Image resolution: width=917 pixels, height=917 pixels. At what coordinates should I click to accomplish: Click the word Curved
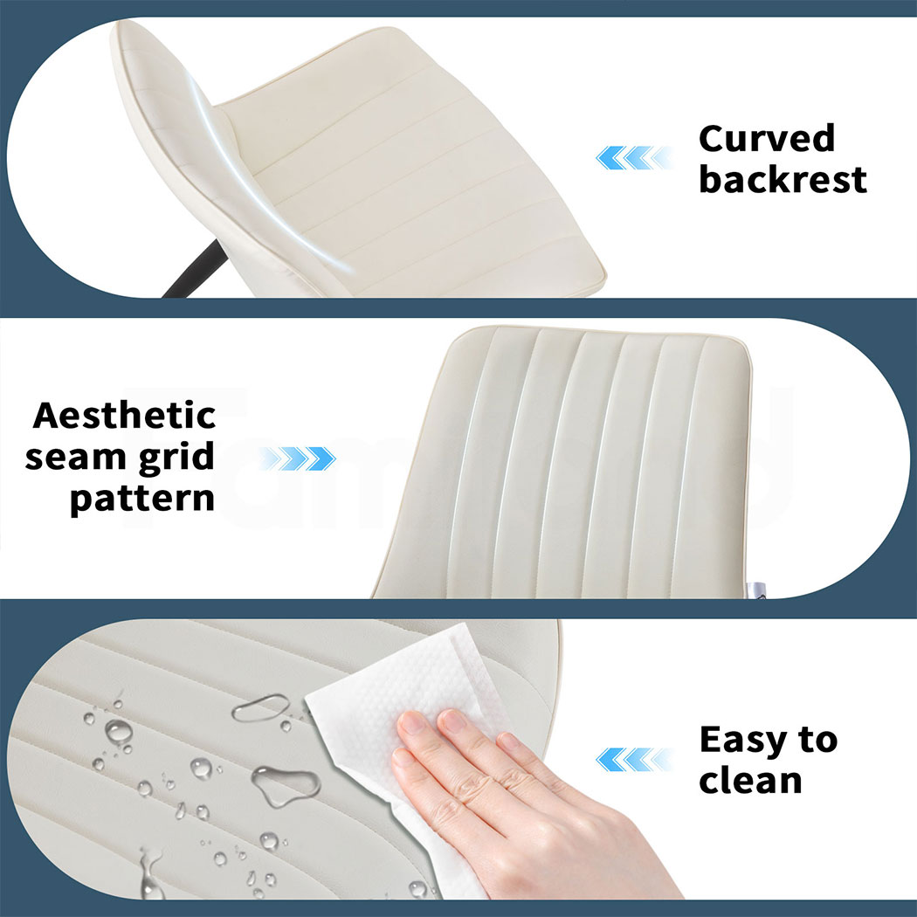point(767,138)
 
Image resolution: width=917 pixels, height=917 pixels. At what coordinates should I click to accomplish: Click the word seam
point(75,457)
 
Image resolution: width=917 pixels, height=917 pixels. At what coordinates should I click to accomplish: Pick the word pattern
point(142,499)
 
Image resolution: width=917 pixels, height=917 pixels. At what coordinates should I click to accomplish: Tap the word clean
point(750,780)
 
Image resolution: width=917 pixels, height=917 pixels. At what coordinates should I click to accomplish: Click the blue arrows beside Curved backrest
point(633,158)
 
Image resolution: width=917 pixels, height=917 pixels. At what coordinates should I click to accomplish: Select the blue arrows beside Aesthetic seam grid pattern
point(298,458)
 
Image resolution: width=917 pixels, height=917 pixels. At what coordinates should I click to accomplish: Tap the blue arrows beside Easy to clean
point(633,759)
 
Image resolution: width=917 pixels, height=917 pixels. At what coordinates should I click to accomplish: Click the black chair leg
point(194,270)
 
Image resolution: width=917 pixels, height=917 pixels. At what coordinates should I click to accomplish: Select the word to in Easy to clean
point(817,740)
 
